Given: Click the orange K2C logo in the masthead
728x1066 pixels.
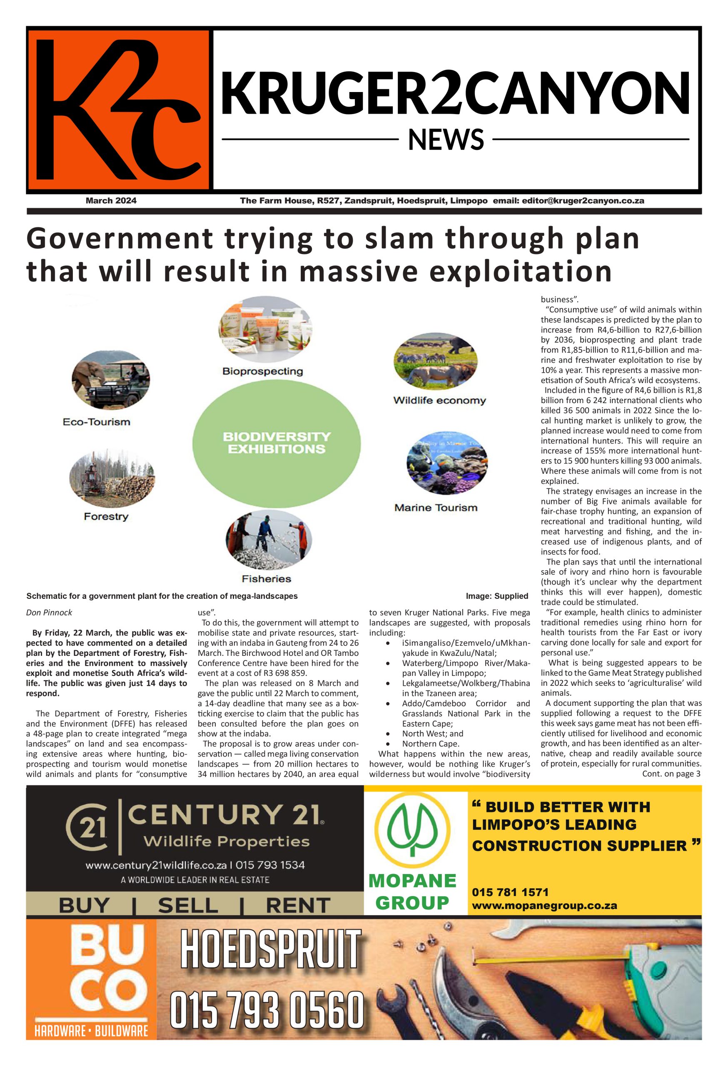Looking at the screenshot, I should click(x=118, y=110).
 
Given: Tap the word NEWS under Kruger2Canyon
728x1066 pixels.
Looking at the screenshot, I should click(x=446, y=140).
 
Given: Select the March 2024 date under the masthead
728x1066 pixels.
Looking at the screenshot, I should click(x=111, y=200).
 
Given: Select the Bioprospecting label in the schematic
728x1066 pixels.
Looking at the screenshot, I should click(x=262, y=371).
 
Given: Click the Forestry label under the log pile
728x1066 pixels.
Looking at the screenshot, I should click(x=106, y=516).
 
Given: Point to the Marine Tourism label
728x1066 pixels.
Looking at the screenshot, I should click(x=436, y=508).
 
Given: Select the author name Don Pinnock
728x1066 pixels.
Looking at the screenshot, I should click(x=49, y=613).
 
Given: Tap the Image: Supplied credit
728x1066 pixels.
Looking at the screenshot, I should click(x=497, y=596).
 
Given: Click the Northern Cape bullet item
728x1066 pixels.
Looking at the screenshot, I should click(x=430, y=744).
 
